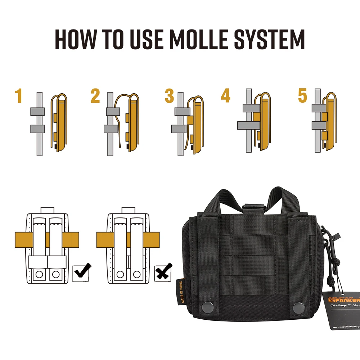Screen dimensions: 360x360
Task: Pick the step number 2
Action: pos(95,96)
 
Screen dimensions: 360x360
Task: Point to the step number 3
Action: pos(169,96)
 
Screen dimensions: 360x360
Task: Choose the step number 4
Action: pos(226,96)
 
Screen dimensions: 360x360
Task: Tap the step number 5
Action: pos(302,96)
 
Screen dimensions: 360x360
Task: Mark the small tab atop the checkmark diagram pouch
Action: pos(47,210)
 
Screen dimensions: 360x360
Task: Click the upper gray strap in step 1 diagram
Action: pos(37,111)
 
